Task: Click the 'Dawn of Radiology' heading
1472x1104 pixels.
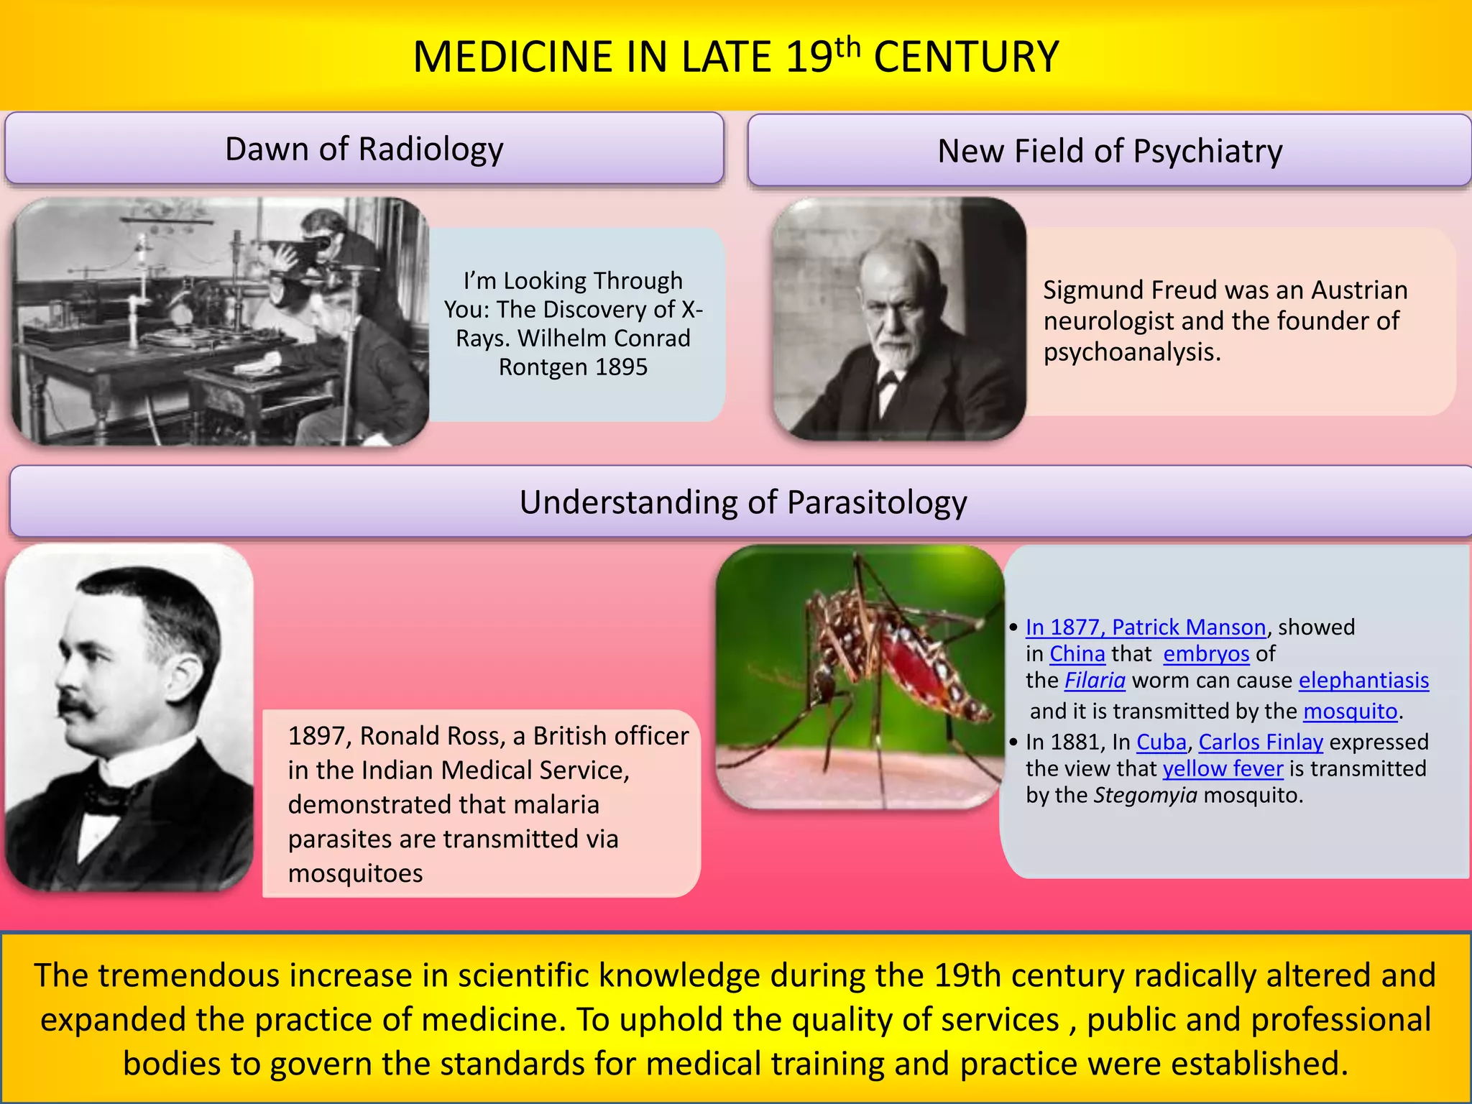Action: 364,149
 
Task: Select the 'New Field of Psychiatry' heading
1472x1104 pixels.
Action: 1109,152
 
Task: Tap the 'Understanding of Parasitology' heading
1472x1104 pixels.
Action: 742,502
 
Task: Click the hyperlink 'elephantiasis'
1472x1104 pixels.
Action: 1363,680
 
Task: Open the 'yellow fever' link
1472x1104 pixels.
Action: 1223,768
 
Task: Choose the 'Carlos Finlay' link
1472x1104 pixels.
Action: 1260,742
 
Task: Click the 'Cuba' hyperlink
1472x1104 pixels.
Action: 1161,742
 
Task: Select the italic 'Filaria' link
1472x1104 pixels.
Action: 1095,680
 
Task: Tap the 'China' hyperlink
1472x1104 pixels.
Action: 1077,653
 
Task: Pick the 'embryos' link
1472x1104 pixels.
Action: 1206,653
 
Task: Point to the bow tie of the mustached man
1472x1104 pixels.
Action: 108,799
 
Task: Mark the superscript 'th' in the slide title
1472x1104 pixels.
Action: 847,47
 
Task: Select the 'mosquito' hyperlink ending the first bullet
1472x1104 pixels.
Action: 1350,711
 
